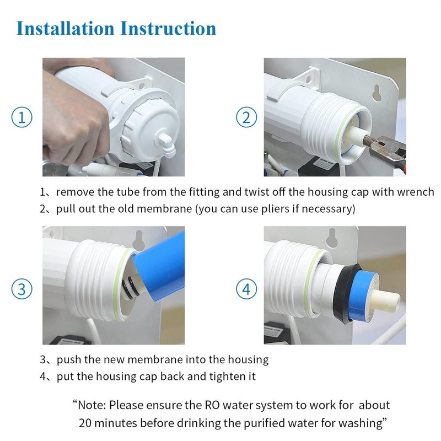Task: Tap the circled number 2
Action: pos(246,117)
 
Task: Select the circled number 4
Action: pos(246,288)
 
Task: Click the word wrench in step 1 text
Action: pos(417,192)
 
